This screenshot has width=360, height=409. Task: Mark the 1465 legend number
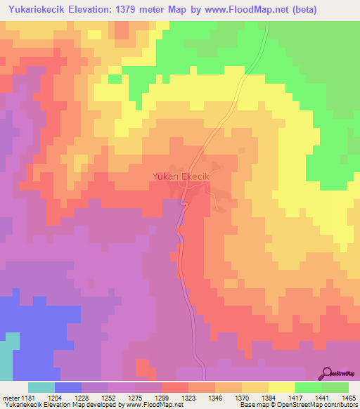tap(348, 398)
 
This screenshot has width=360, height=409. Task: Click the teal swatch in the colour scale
tap(41, 387)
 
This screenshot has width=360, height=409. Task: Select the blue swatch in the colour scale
tap(68, 387)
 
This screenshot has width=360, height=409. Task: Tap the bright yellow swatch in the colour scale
tap(282, 387)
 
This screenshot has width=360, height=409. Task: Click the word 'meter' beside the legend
tap(11, 398)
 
